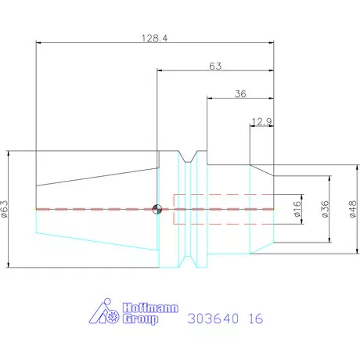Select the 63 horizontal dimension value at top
coord(216,67)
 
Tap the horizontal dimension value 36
coord(240,93)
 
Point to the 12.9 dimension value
coord(262,121)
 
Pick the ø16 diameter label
coord(297,210)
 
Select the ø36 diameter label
coord(324,209)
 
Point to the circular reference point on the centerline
coord(157,209)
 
